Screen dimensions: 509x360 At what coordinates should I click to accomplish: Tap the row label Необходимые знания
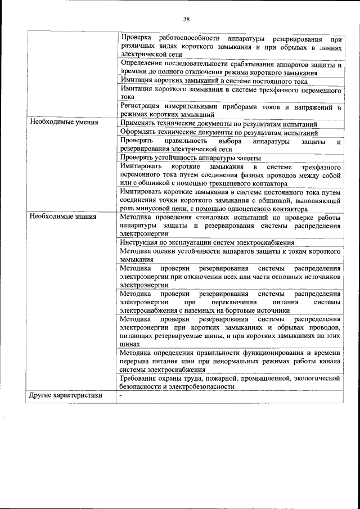pos(63,216)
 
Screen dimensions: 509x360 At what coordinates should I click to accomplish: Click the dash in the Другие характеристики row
pos(120,395)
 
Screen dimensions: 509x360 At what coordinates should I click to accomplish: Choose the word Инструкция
pos(140,242)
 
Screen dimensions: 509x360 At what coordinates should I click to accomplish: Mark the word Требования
pos(141,379)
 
